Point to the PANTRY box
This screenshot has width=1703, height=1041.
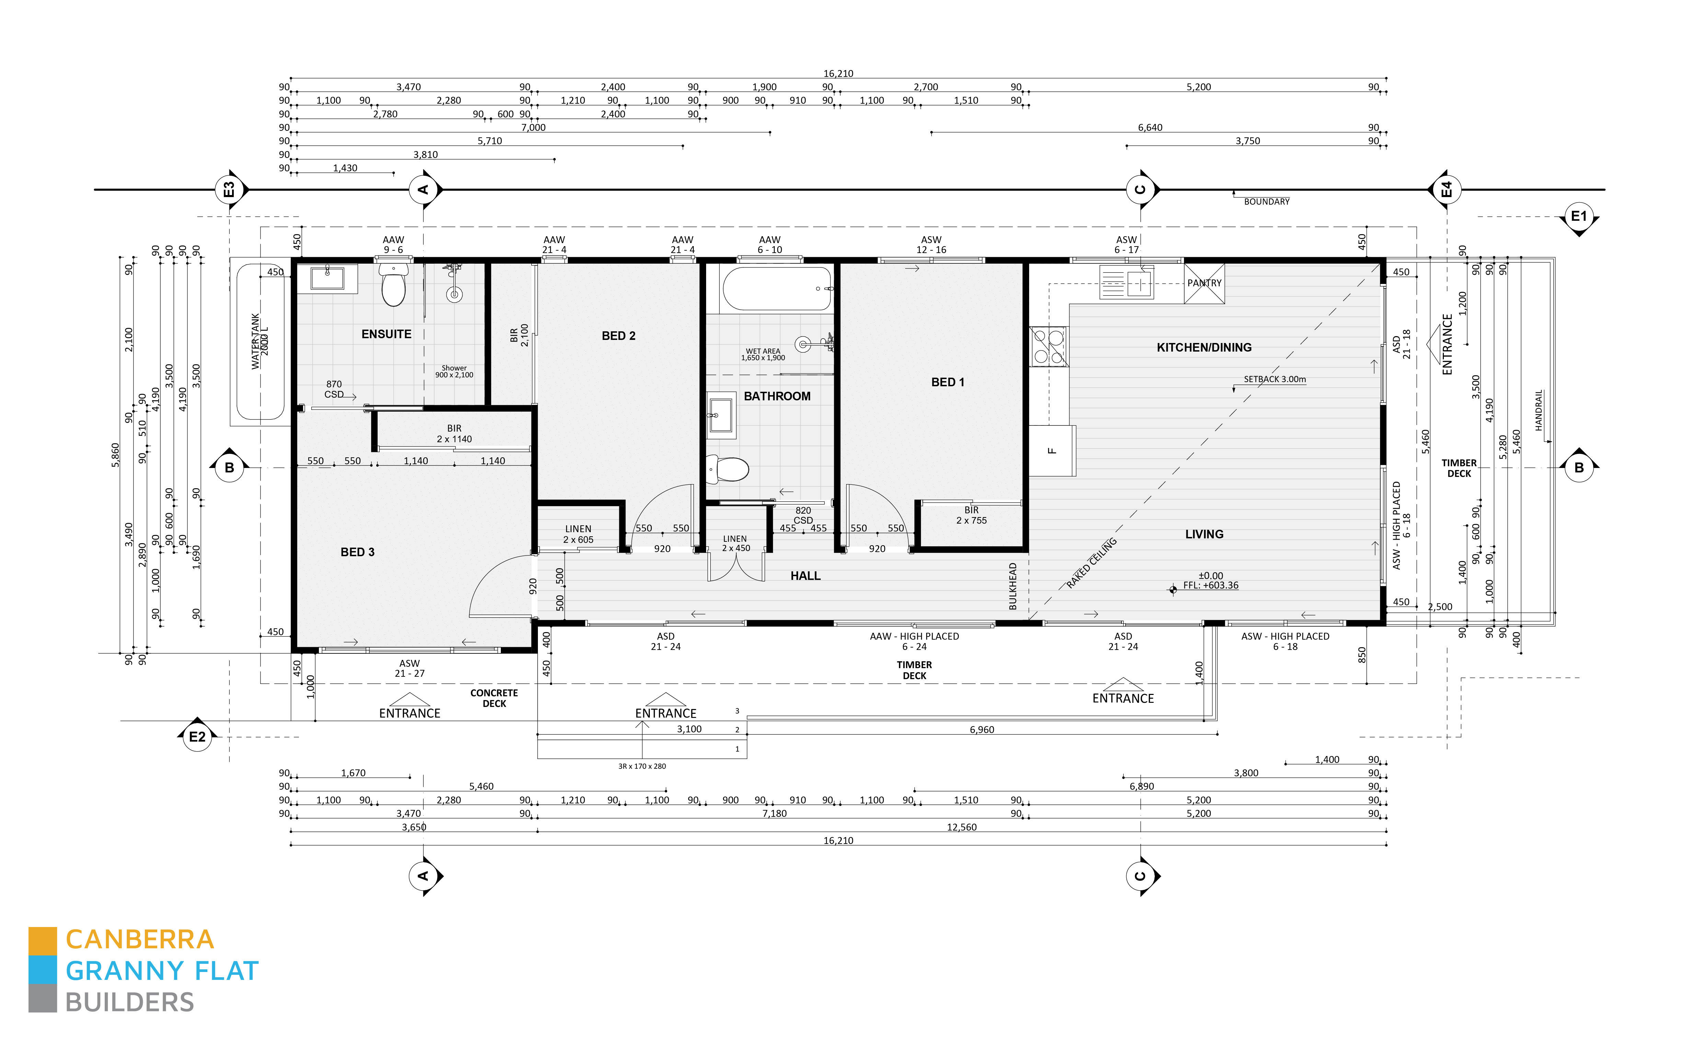pyautogui.click(x=1204, y=283)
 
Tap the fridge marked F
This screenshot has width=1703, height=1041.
pyautogui.click(x=1052, y=451)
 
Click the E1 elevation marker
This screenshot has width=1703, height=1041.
pyautogui.click(x=1579, y=216)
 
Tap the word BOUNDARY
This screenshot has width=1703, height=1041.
pyautogui.click(x=1266, y=202)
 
